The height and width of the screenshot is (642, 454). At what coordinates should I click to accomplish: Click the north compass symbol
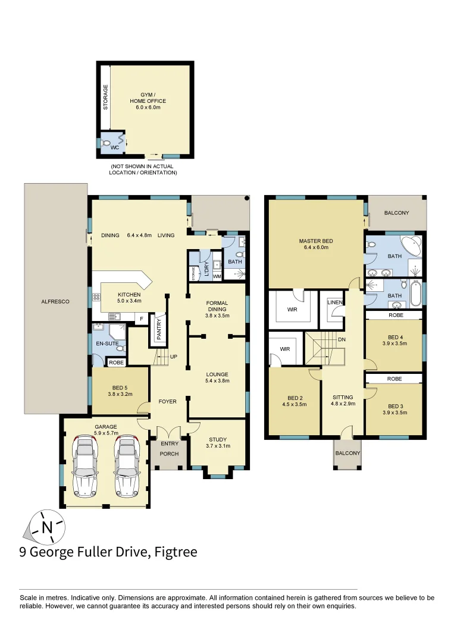point(46,526)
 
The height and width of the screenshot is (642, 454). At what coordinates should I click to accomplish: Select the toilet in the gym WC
point(107,143)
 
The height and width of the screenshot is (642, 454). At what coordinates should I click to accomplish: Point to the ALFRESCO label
point(55,302)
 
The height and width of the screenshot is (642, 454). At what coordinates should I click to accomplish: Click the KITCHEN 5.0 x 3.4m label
point(129,298)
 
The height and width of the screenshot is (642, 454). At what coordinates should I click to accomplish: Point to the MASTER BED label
point(315,244)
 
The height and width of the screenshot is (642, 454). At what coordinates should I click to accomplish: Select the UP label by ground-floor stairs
point(174,357)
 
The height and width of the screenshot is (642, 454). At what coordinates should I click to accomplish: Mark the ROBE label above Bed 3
point(394,378)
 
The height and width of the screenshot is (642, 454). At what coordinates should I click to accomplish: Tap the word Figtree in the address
point(176,552)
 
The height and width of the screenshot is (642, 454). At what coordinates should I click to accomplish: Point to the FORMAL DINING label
point(217,306)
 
